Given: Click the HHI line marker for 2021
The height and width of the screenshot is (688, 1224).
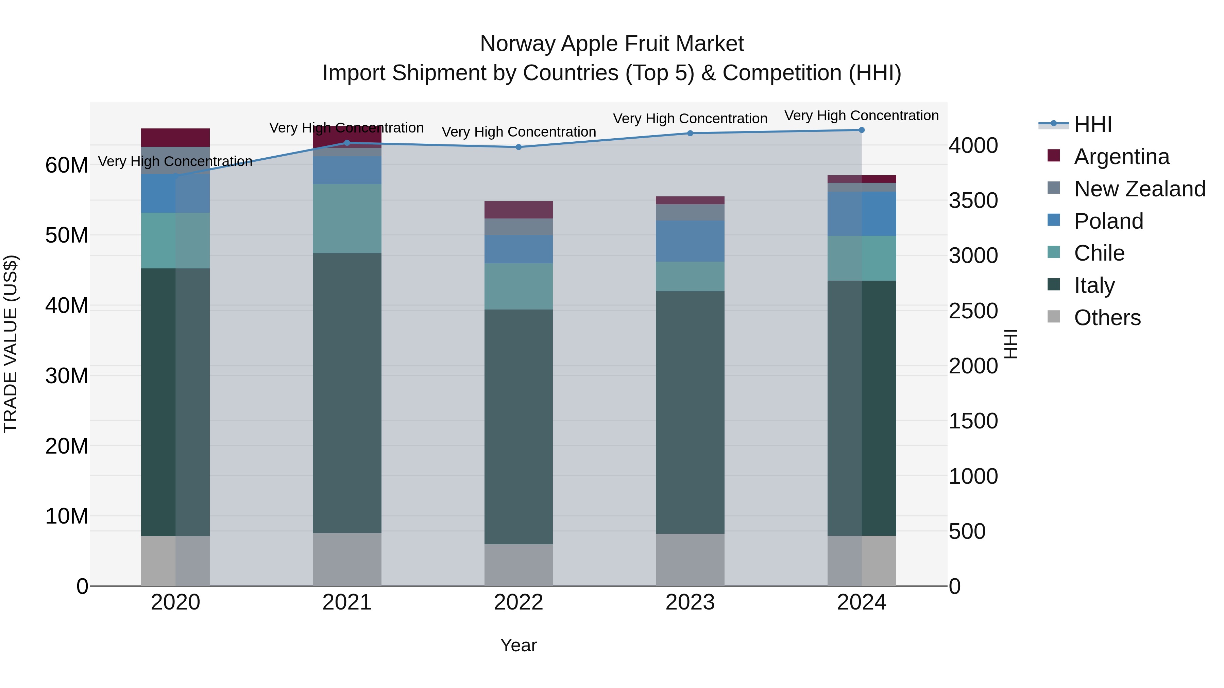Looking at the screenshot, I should pos(347,143).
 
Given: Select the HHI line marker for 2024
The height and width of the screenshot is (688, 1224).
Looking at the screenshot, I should pos(862,130).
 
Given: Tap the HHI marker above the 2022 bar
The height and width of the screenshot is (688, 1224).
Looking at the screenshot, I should pos(518,147).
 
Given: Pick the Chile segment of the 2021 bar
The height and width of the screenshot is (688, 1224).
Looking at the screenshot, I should pos(347,218).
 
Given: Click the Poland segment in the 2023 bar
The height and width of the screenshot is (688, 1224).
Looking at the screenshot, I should pos(690,241).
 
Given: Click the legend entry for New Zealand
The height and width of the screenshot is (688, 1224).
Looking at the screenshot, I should pos(1139,189).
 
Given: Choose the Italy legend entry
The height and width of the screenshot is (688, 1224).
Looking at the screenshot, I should pos(1094,285).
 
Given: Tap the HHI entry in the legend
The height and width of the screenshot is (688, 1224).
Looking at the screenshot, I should pos(1092,124).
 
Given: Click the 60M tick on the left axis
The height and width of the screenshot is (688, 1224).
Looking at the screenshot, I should pos(67,166).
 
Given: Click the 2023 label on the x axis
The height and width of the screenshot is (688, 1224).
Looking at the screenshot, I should pos(690,602).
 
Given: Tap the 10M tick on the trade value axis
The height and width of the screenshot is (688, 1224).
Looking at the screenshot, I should pos(67,516).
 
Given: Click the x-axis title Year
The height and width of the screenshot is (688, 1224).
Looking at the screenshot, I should pos(518,645).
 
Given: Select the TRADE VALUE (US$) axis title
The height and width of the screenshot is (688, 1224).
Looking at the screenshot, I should pos(11,344).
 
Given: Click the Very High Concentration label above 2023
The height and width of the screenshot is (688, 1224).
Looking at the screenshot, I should pos(690,119).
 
